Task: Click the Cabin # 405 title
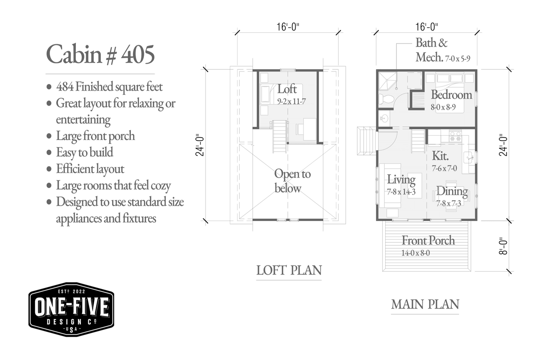click(100, 54)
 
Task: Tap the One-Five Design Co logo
click(71, 309)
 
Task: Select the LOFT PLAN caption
click(289, 270)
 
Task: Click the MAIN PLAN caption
click(425, 304)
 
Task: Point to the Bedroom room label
click(451, 95)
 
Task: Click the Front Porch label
click(428, 240)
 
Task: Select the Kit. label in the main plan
click(440, 156)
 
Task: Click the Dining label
click(452, 191)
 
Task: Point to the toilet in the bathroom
click(386, 99)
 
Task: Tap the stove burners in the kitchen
click(455, 137)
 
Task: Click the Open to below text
click(292, 181)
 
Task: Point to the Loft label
click(287, 89)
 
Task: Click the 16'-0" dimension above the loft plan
click(288, 27)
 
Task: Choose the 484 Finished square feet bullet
click(104, 87)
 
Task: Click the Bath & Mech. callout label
click(442, 50)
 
